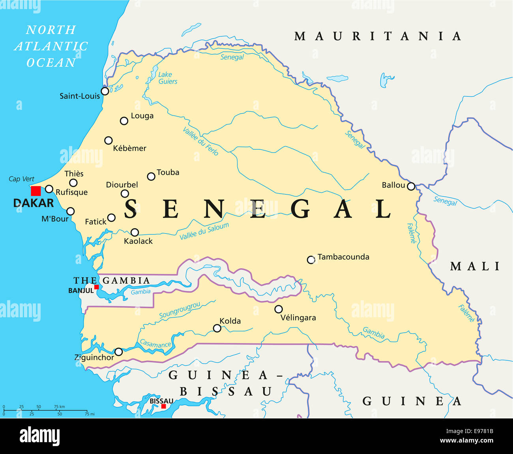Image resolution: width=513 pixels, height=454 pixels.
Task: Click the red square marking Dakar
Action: (36, 191)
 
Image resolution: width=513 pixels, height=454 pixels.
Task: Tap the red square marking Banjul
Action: (96, 287)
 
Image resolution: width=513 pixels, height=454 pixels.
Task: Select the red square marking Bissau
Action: (163, 406)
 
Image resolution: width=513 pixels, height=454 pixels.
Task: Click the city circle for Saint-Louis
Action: (105, 91)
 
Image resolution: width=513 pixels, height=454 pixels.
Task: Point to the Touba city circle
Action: (151, 177)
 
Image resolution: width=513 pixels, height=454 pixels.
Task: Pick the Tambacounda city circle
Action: (311, 260)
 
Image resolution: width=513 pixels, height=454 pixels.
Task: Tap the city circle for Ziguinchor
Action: (118, 352)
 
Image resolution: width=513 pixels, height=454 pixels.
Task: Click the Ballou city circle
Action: (411, 186)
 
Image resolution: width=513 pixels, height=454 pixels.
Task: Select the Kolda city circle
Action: (217, 328)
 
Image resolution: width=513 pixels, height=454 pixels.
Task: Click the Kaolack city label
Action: (138, 241)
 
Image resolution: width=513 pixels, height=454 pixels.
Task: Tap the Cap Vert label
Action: (21, 179)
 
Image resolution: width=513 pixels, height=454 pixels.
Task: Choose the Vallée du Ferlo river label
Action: (200, 141)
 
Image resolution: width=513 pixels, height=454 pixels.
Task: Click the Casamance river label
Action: (155, 344)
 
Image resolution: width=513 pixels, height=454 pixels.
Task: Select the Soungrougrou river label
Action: (180, 310)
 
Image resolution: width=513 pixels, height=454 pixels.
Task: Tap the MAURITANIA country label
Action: (378, 36)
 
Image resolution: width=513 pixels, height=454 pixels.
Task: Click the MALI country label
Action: (476, 266)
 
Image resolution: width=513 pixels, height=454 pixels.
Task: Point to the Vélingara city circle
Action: (279, 309)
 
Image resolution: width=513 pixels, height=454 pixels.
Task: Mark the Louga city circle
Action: (124, 121)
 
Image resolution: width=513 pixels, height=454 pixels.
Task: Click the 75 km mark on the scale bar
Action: (59, 407)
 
